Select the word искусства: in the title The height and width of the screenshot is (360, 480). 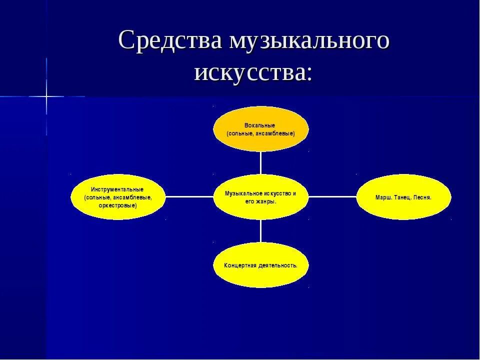[253, 72]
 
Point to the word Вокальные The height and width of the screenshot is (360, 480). [260, 125]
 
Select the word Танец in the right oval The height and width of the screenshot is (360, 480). [402, 197]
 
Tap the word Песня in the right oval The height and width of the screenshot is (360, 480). [422, 197]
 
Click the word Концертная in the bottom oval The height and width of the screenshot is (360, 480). [241, 265]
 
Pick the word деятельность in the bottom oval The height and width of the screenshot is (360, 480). [278, 265]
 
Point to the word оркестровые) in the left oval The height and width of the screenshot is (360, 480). [118, 205]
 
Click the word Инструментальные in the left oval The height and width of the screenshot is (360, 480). [117, 189]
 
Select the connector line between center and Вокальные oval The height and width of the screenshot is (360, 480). [260, 163]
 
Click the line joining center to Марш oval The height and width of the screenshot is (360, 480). [332, 197]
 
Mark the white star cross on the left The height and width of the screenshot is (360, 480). [46, 96]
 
